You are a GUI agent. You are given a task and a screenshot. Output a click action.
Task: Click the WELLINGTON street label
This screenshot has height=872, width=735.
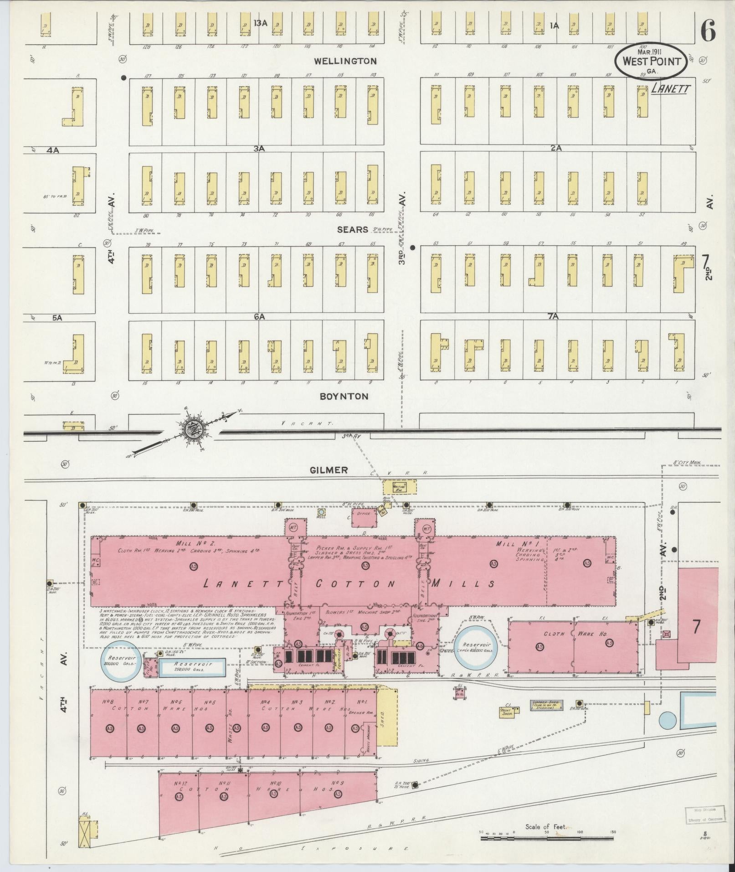click(x=345, y=61)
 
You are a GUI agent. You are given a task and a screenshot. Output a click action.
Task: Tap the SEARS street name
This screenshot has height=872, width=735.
click(x=352, y=230)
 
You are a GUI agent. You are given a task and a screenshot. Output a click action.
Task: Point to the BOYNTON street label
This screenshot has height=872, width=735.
click(x=344, y=397)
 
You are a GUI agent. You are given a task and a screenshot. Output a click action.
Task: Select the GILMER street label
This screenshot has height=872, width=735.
click(x=329, y=470)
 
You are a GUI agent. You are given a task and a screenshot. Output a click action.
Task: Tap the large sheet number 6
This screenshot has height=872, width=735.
click(x=707, y=31)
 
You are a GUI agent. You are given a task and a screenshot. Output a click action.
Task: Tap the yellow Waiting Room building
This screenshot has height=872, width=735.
click(x=400, y=487)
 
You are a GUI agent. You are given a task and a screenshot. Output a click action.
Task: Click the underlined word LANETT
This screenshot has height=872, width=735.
click(x=670, y=89)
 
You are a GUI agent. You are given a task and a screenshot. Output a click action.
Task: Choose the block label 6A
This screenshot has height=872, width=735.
click(x=259, y=316)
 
